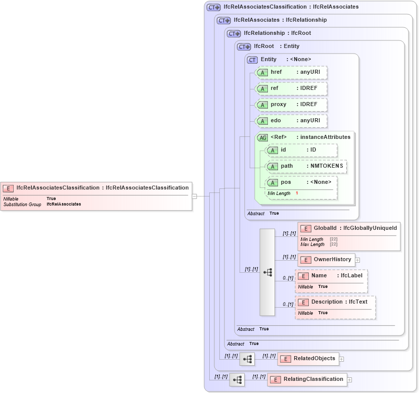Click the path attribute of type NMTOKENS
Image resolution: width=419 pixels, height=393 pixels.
pyautogui.click(x=306, y=166)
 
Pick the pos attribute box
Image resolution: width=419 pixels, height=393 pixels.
pyautogui.click(x=301, y=182)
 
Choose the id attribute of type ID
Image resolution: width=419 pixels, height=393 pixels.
pyautogui.click(x=301, y=150)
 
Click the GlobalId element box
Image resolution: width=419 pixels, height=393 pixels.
pyautogui.click(x=349, y=228)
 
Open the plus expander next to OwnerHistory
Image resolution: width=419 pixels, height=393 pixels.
pyautogui.click(x=357, y=260)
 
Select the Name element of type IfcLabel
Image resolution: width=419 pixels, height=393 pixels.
pyautogui.click(x=331, y=276)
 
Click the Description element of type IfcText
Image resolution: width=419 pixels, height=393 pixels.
pyautogui.click(x=335, y=302)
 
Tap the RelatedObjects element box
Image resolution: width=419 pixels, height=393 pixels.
pyautogui.click(x=308, y=359)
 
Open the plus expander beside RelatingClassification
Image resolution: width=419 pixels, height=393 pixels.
pyautogui.click(x=349, y=379)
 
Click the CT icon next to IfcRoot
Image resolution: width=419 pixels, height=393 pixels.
pyautogui.click(x=244, y=46)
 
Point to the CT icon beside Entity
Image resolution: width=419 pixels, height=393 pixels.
pyautogui.click(x=252, y=60)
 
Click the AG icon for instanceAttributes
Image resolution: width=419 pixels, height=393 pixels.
pyautogui.click(x=262, y=137)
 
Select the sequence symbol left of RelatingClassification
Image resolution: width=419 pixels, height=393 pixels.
pyautogui.click(x=237, y=379)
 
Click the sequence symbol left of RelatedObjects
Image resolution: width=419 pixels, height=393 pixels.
pyautogui.click(x=247, y=359)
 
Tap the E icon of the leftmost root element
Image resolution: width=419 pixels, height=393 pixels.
pyautogui.click(x=8, y=188)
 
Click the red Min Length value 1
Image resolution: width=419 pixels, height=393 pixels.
pyautogui.click(x=297, y=193)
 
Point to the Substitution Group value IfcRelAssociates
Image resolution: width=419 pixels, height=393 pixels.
pyautogui.click(x=64, y=204)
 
